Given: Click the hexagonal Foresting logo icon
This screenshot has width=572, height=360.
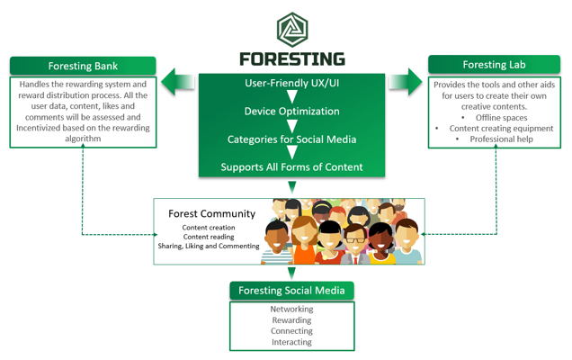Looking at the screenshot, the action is pyautogui.click(x=292, y=30).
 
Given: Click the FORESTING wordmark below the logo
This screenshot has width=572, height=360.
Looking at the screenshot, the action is pyautogui.click(x=292, y=59).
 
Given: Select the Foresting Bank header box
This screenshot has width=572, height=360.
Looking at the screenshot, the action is pyautogui.click(x=83, y=66).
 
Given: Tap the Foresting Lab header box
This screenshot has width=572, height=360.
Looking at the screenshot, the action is pyautogui.click(x=494, y=65).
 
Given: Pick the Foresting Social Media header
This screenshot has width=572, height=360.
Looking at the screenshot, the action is pyautogui.click(x=291, y=291).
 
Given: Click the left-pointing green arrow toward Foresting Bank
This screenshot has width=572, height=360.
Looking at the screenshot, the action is pyautogui.click(x=178, y=82).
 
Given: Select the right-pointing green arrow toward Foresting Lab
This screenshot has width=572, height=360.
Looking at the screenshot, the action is pyautogui.click(x=406, y=82).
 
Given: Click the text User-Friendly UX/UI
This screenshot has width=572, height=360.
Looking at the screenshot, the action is pyautogui.click(x=291, y=83).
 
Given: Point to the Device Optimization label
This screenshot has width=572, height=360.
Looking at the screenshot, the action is pyautogui.click(x=291, y=111).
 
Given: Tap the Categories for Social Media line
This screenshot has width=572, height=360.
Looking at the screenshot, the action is pyautogui.click(x=291, y=139).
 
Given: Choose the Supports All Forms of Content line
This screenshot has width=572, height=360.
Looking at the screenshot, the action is pyautogui.click(x=291, y=166).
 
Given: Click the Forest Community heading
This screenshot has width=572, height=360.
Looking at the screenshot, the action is pyautogui.click(x=212, y=213).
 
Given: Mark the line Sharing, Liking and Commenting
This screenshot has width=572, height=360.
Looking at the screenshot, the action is pyautogui.click(x=209, y=246).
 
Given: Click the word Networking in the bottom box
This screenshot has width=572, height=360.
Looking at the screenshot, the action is pyautogui.click(x=291, y=310).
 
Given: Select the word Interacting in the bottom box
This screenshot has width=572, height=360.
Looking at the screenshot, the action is pyautogui.click(x=291, y=342).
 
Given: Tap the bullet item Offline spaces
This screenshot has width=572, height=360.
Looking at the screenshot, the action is pyautogui.click(x=501, y=118).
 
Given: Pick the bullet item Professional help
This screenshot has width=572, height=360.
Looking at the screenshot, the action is pyautogui.click(x=501, y=139).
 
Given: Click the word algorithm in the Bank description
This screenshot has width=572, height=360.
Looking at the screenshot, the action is pyautogui.click(x=83, y=139).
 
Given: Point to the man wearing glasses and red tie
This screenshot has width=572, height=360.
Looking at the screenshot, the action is pyautogui.click(x=355, y=244).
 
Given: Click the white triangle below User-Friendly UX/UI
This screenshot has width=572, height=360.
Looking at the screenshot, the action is pyautogui.click(x=291, y=97).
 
